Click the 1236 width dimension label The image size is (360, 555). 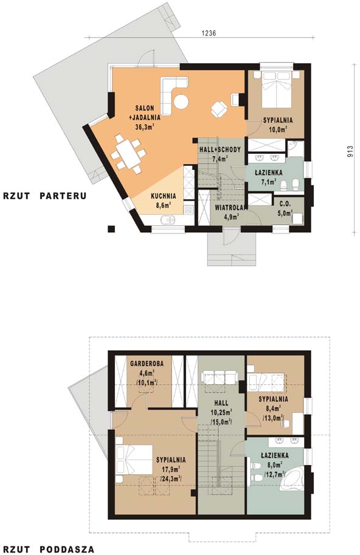click(209, 33)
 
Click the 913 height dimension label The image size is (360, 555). click(350, 151)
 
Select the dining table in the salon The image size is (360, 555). click(128, 154)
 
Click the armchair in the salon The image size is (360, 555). click(219, 108)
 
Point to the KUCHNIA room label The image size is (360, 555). click(163, 196)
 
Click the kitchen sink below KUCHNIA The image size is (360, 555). click(167, 220)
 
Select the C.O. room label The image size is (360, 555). click(285, 204)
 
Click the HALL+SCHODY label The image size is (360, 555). click(220, 150)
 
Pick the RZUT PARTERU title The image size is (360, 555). click(44, 196)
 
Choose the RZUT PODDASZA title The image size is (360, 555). click(49, 550)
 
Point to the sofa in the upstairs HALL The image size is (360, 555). click(219, 377)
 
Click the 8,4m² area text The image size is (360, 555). click(273, 408)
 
